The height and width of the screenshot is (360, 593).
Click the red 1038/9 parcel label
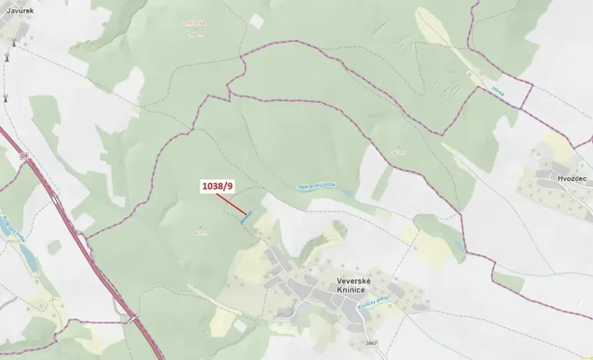point(216,186)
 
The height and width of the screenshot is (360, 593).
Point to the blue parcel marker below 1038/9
point(245,219)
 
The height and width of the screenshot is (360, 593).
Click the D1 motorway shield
point(24,156)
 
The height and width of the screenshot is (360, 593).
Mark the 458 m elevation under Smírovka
point(195,34)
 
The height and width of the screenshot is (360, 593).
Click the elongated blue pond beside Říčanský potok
point(23,254)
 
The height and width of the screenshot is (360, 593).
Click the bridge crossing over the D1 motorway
point(132,318)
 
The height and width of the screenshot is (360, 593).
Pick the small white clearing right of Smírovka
point(256,22)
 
